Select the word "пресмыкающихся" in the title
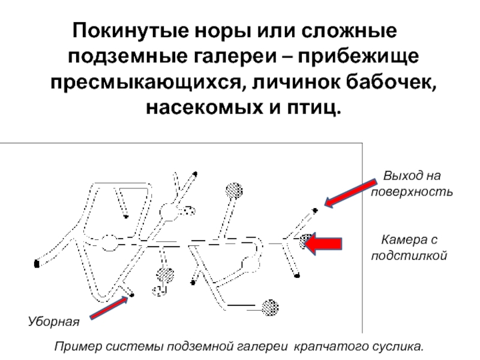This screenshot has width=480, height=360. tap(148, 82)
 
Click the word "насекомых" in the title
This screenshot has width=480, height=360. tap(204, 108)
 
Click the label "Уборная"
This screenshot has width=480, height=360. tap(53, 322)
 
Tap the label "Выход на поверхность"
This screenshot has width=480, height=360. tap(412, 184)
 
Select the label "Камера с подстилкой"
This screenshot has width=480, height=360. tap(409, 247)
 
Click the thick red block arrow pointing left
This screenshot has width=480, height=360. tap(323, 244)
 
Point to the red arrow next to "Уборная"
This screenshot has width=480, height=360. tap(109, 307)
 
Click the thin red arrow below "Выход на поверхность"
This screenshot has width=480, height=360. tap(350, 193)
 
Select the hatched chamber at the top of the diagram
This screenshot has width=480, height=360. tap(234, 191)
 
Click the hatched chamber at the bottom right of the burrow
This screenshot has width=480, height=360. tap(270, 307)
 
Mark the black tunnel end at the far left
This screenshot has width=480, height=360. tap(37, 263)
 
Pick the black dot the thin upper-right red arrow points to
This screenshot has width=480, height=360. tap(315, 211)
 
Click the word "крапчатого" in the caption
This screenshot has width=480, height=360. tap(332, 347)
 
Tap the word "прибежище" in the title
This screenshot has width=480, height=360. tap(358, 56)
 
